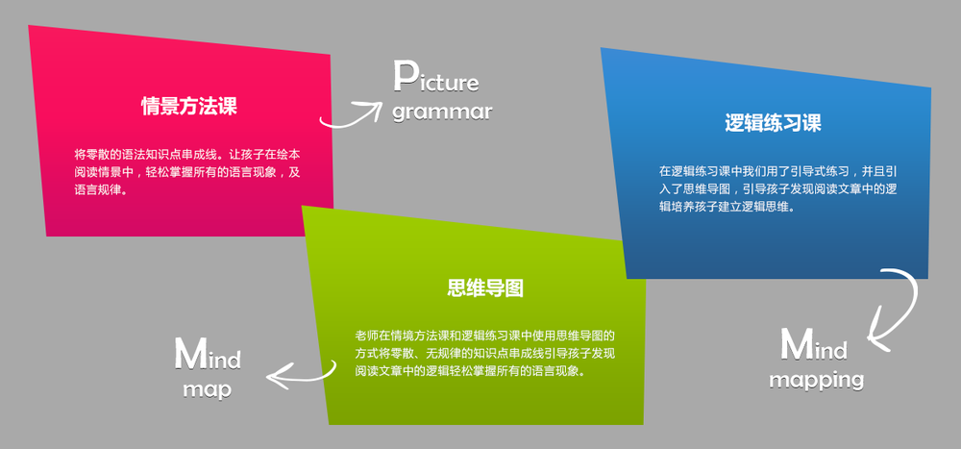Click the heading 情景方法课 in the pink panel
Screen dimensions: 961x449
188,107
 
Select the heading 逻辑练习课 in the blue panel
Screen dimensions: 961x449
773,123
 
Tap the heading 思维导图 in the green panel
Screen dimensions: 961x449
485,287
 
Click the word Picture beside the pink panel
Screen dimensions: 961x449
435,77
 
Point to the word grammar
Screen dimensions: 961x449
442,112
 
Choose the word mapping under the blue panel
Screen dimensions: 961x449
816,381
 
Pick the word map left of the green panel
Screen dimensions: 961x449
208,389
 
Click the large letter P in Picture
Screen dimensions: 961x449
405,76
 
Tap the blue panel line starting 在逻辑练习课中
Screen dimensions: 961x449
777,171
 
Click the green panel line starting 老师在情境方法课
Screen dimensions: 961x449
484,337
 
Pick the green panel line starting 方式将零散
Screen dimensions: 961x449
484,354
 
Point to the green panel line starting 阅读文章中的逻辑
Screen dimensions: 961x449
471,372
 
